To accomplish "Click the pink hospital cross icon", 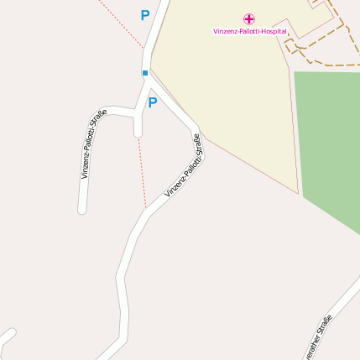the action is (x=249, y=18).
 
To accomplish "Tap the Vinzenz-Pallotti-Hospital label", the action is (x=249, y=31).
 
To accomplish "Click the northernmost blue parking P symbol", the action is (x=144, y=15).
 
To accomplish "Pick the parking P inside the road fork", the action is (x=152, y=103).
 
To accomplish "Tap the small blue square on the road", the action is (x=144, y=73).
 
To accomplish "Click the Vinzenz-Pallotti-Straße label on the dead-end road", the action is (x=94, y=144).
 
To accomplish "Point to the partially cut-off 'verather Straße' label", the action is (x=318, y=338).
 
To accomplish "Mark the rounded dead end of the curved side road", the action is (x=82, y=209).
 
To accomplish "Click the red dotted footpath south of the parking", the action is (x=142, y=168).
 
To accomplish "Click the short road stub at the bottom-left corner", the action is (x=7, y=337).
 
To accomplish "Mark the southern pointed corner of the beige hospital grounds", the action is (x=298, y=192).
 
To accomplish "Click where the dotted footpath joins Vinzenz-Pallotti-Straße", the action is (x=147, y=206).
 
